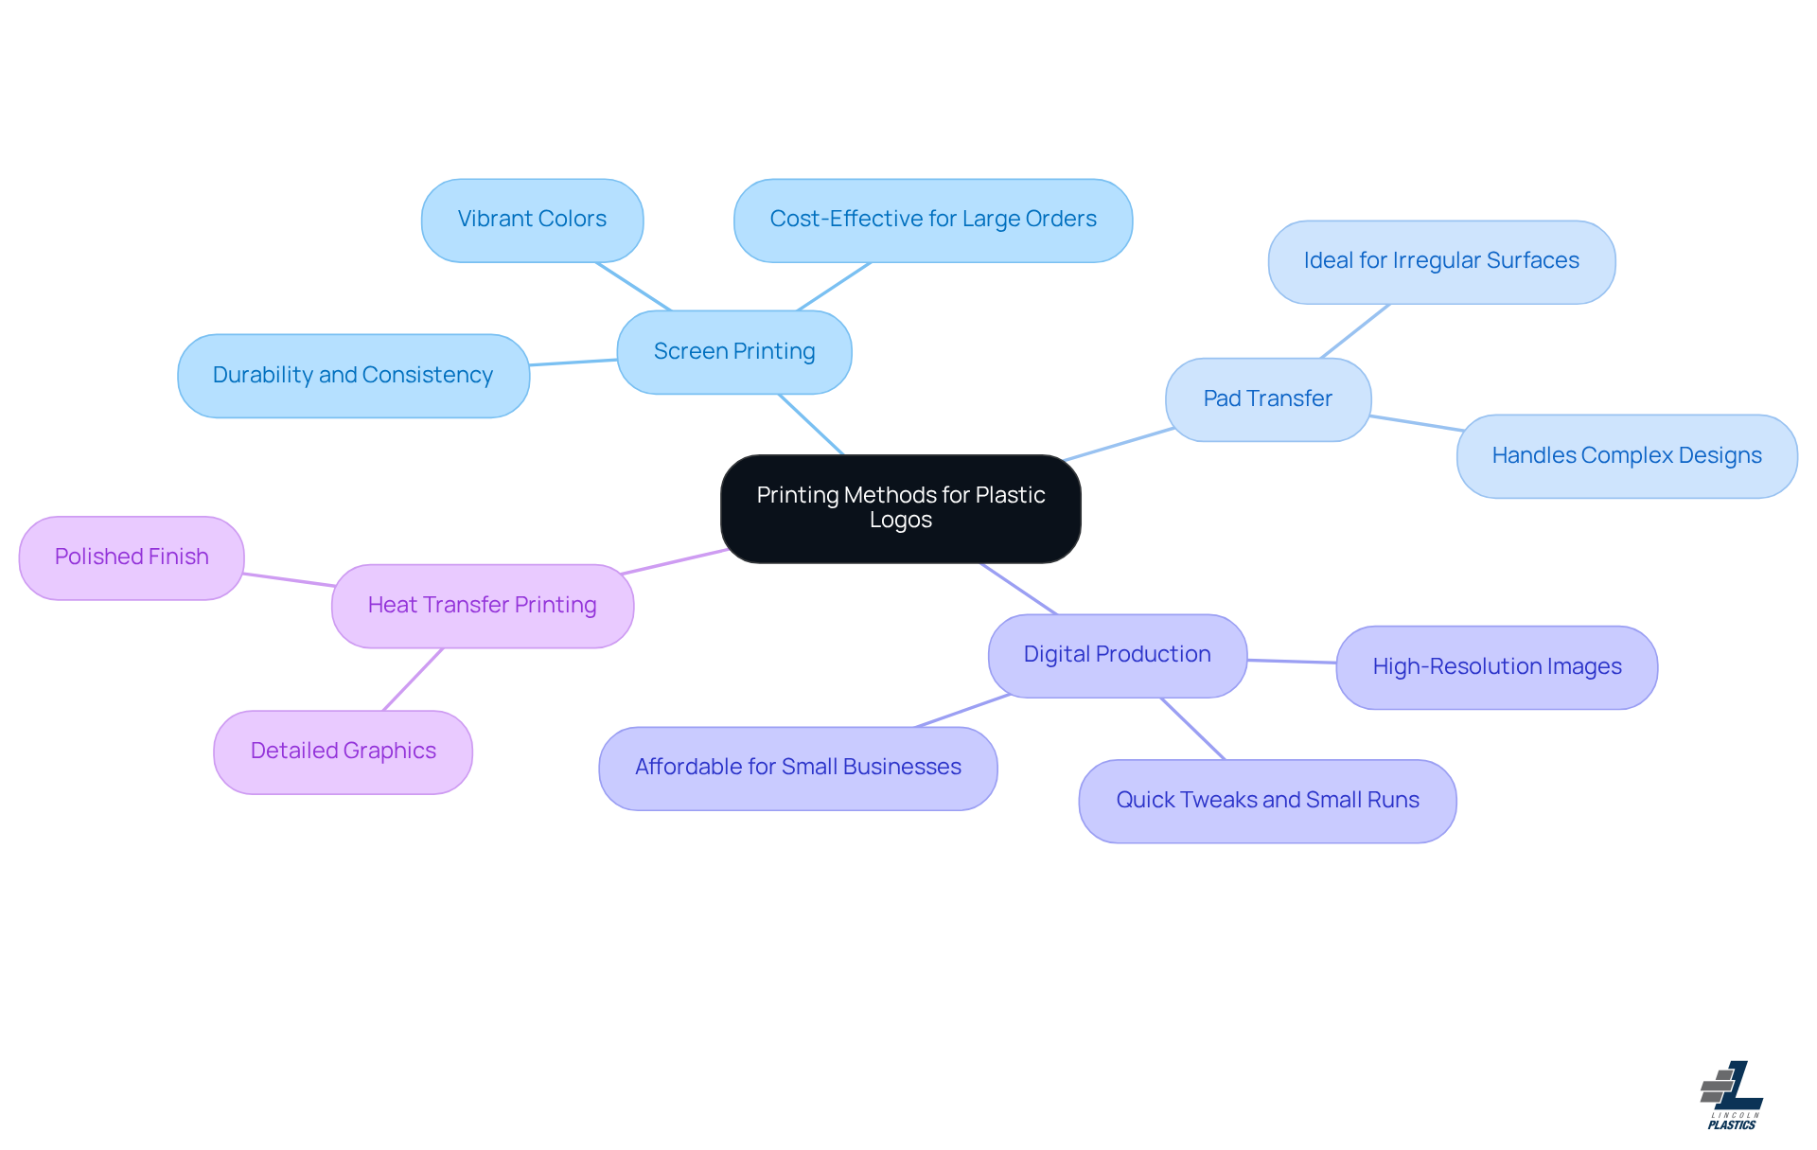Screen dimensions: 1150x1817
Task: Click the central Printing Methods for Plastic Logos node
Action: (900, 508)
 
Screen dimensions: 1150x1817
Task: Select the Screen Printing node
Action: (734, 351)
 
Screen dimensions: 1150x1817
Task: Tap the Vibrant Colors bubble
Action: (532, 220)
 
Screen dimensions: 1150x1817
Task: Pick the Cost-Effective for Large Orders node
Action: (932, 220)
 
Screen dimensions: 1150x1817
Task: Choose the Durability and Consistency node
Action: (353, 375)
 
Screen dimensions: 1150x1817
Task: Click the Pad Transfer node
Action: (1267, 398)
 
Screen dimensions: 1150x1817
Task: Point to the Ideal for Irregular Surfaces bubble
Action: (1440, 261)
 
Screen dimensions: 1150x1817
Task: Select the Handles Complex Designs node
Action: (1626, 455)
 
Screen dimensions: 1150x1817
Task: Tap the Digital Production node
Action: (1117, 655)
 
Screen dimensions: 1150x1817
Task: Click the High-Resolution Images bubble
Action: (1496, 666)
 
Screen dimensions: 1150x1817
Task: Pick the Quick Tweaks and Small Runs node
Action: (1267, 801)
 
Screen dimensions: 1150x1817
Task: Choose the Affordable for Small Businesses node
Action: (798, 768)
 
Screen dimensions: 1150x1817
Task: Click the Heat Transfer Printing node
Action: (482, 606)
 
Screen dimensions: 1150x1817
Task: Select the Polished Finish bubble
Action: (132, 557)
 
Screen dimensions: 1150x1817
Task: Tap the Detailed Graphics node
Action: (343, 752)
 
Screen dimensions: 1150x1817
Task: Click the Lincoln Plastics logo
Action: (1732, 1095)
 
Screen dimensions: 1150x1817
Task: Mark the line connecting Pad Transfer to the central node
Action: (1120, 445)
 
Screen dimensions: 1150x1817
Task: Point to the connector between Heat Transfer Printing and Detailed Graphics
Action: (413, 680)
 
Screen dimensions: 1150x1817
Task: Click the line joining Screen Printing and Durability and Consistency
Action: (573, 363)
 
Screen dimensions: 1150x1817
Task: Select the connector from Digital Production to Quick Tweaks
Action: (1192, 729)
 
